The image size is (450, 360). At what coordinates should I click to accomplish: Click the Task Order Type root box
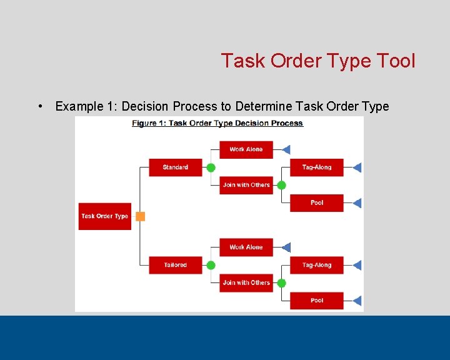[104, 216]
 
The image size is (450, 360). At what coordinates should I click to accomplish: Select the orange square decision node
[140, 216]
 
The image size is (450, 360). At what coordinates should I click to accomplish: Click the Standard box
[175, 167]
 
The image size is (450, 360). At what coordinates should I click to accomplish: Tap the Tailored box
[175, 265]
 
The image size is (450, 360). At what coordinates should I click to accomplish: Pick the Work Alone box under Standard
[246, 149]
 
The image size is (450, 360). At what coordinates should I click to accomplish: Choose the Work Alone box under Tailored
[246, 247]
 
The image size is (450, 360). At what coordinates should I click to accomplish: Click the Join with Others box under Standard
[246, 185]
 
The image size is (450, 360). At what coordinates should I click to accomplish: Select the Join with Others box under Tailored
[246, 282]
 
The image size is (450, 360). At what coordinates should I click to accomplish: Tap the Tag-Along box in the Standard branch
[316, 167]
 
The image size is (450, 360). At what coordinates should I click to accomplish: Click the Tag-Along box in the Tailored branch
[316, 265]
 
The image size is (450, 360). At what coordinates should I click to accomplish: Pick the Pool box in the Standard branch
[316, 203]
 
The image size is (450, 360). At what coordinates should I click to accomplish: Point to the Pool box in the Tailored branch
[316, 301]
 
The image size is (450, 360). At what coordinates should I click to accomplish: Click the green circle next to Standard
[211, 167]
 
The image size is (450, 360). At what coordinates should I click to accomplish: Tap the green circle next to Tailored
[211, 265]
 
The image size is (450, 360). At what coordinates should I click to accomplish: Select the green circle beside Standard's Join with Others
[281, 185]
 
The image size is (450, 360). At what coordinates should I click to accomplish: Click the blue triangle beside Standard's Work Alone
[286, 149]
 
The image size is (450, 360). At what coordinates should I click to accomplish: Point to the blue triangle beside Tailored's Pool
[357, 301]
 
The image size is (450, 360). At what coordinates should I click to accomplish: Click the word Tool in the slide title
[396, 61]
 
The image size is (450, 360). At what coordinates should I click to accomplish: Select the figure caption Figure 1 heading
[217, 123]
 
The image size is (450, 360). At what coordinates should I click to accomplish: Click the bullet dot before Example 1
[40, 106]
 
